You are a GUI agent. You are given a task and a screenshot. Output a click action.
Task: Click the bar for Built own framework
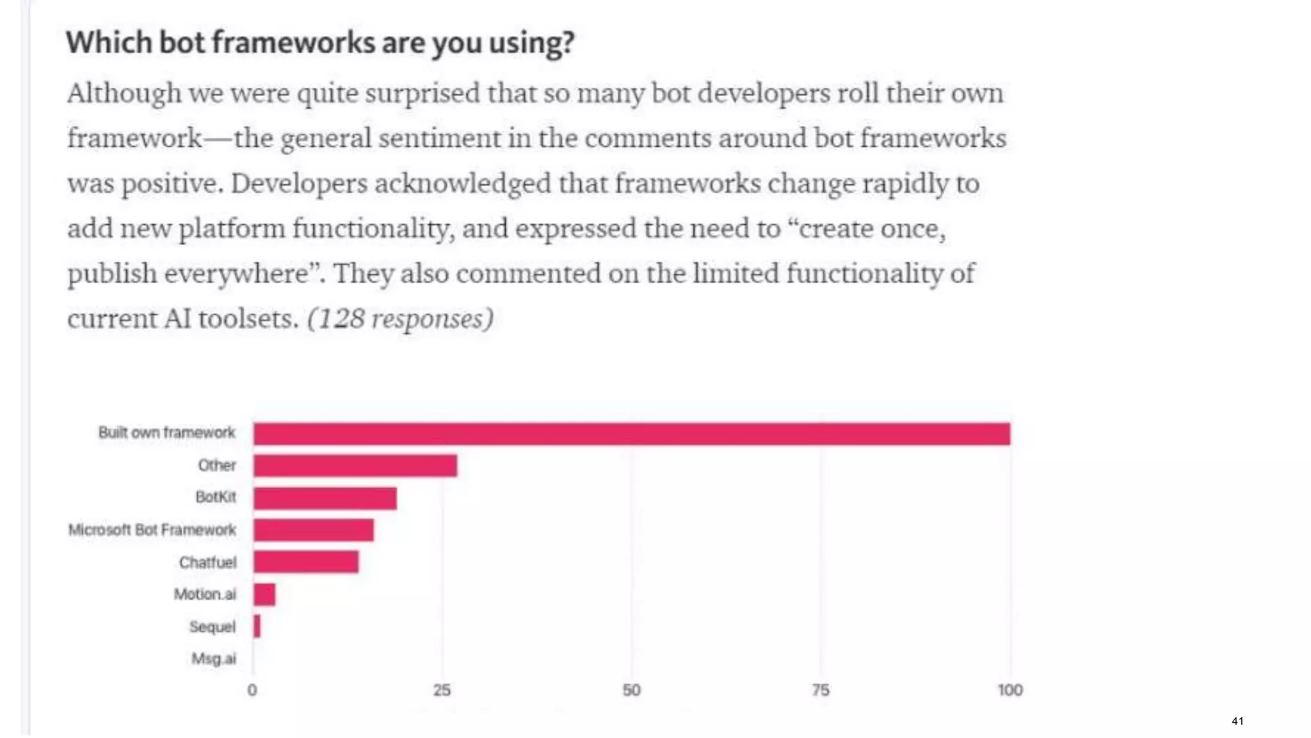pos(631,434)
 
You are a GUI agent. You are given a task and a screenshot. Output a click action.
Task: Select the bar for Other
pos(355,466)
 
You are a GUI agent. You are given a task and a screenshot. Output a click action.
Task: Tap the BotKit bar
pos(325,498)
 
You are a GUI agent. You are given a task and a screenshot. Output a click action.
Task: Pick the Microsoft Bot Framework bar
pos(313,530)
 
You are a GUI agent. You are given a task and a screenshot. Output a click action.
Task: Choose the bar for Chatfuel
pos(305,562)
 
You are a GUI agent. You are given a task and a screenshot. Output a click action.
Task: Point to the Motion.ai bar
pos(264,594)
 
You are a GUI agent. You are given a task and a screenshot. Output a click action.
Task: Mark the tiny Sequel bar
pos(257,627)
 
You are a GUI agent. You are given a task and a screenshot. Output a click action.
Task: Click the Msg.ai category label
pos(214,659)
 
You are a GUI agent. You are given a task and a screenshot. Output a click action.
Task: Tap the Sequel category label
pos(212,627)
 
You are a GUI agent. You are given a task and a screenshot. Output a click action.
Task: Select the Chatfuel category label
pos(207,562)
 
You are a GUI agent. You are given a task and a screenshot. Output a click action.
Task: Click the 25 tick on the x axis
pos(442,690)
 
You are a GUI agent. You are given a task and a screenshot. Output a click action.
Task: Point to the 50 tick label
pos(631,690)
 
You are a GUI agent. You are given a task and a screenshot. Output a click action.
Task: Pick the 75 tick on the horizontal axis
pos(821,690)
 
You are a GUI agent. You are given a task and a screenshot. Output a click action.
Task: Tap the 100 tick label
pos(1009,690)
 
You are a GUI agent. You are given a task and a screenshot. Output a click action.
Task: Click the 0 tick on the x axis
pos(252,690)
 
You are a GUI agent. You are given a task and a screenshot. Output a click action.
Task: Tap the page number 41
pos(1237,721)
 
